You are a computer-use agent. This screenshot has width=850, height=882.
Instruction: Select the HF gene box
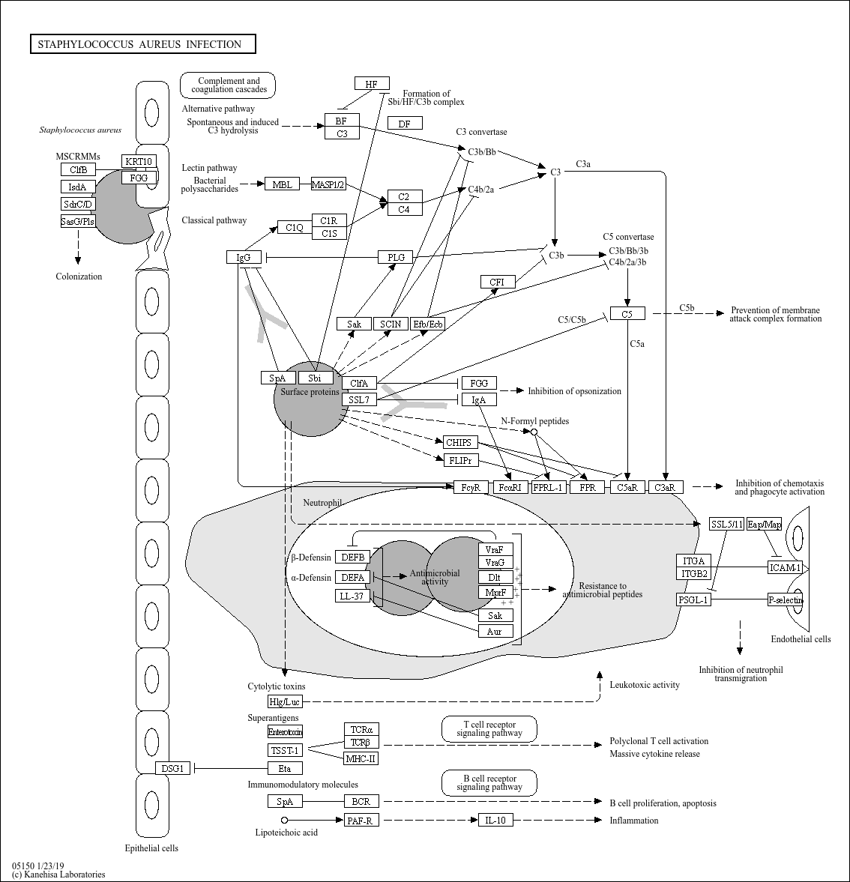pos(372,84)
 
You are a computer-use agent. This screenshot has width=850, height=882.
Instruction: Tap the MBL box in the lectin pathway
pos(282,184)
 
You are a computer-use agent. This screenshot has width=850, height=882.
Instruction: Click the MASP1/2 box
pos(328,184)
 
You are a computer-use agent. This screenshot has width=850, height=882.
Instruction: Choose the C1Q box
pos(295,227)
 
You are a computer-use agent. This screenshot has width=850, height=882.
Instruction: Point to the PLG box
pos(396,257)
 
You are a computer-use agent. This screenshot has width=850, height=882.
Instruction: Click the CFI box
pos(498,282)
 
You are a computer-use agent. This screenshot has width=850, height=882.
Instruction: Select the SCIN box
pos(391,324)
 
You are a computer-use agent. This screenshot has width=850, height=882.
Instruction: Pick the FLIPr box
pos(461,461)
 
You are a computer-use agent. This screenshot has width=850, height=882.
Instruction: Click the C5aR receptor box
pos(627,487)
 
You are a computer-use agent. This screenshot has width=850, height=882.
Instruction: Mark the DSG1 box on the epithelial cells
pos(172,768)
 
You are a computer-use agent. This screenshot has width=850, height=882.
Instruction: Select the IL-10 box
pos(495,820)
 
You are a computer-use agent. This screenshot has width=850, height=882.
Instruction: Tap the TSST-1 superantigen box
pos(286,750)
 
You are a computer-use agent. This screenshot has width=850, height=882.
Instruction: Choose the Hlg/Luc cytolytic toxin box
pos(286,701)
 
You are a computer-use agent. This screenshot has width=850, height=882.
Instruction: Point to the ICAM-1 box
pos(785,567)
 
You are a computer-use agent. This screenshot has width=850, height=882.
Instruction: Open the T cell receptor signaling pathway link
pos(489,729)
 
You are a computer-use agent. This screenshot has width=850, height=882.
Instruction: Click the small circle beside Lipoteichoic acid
pos(284,820)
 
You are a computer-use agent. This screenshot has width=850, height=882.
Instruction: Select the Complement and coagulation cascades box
pos(228,85)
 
